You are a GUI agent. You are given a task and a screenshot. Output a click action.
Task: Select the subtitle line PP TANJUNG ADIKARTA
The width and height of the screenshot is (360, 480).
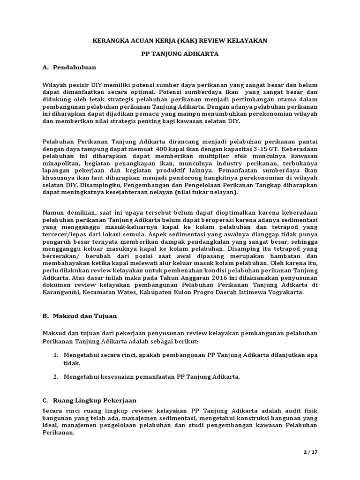(180, 54)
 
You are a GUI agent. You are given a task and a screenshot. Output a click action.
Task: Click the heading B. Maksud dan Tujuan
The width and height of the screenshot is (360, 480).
(79, 316)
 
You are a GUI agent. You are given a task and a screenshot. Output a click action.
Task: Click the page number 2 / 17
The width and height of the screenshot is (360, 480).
(310, 452)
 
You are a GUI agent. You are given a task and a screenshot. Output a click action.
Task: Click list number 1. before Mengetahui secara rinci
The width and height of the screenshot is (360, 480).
(55, 355)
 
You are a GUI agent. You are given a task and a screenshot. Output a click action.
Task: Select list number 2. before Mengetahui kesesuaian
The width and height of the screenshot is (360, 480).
(55, 376)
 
